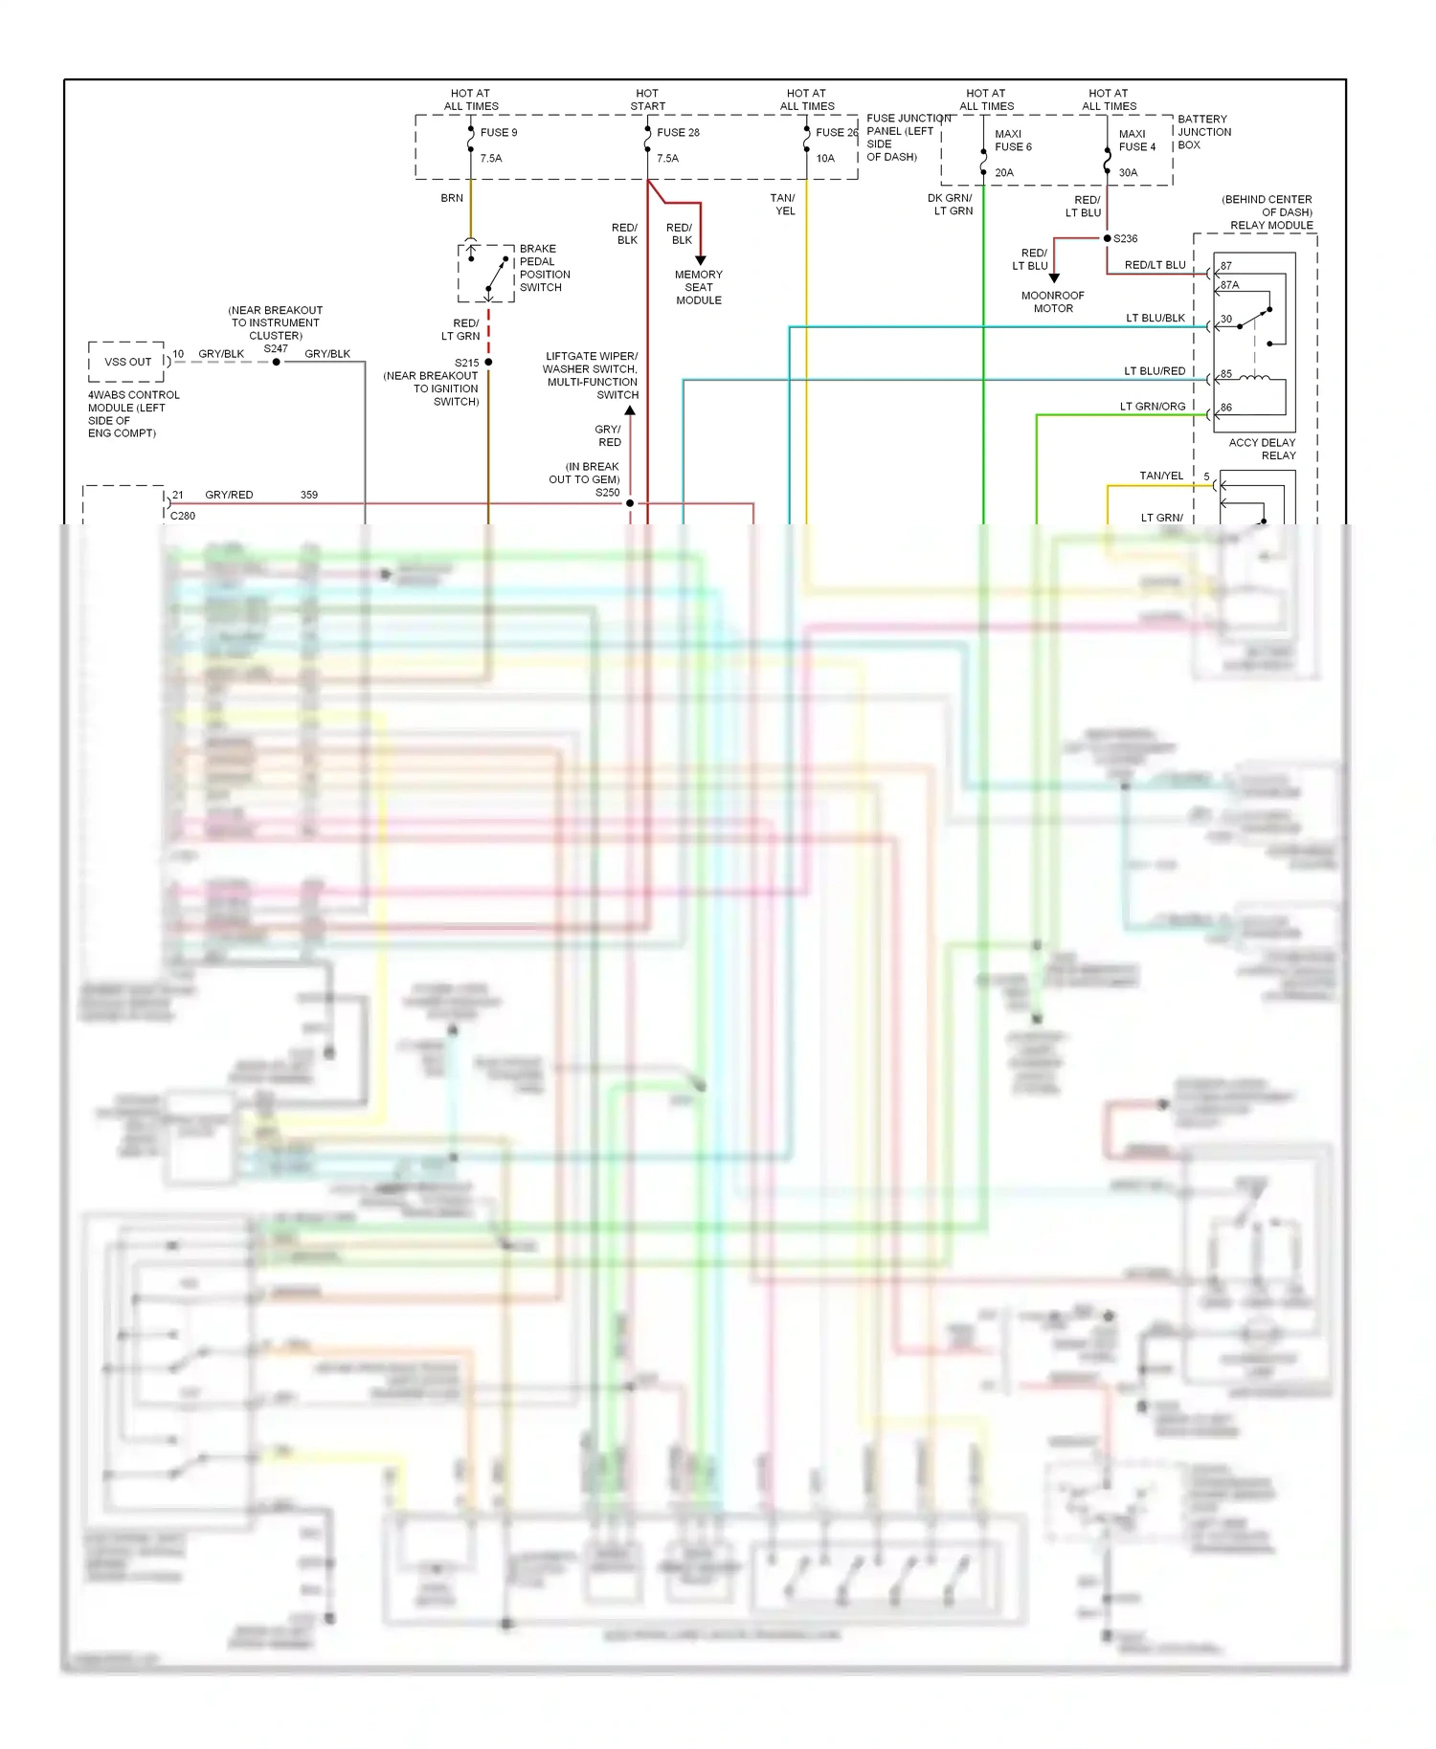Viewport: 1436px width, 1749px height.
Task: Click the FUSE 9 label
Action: (498, 133)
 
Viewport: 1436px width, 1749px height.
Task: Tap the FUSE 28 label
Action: (678, 133)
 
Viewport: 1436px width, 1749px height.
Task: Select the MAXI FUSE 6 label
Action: (1012, 141)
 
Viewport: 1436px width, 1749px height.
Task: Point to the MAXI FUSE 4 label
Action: (1136, 141)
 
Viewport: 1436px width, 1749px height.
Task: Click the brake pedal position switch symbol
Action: (487, 273)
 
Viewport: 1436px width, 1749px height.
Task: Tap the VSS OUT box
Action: (127, 362)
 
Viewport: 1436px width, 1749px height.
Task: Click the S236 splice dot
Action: (1108, 238)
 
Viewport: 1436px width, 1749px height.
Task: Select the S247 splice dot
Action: (277, 362)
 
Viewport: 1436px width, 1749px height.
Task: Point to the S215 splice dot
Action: (488, 363)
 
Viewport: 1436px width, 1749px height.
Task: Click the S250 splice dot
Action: (630, 503)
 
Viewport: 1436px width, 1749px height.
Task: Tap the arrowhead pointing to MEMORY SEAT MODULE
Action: (701, 260)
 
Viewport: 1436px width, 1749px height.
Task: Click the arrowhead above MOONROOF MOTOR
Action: (1054, 278)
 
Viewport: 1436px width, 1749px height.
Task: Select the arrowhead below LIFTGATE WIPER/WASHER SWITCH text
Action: (630, 410)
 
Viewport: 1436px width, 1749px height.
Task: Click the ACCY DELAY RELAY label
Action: (1262, 449)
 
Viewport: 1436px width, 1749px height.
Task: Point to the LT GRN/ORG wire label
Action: (1153, 407)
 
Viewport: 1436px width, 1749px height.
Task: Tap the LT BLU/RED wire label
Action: (1155, 371)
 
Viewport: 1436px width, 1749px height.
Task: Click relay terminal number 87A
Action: (1229, 285)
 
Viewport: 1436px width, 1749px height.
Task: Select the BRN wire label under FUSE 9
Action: (452, 198)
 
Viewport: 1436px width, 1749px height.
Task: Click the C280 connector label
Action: (183, 516)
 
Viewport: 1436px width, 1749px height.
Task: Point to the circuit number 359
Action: (309, 495)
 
